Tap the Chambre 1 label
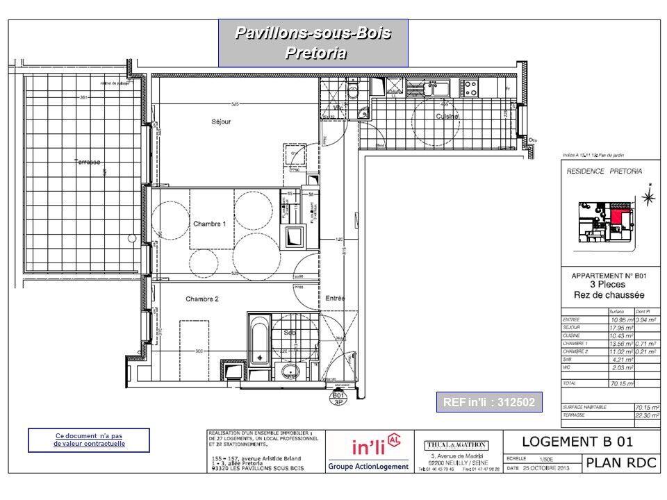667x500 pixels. (210, 224)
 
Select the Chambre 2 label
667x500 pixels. (202, 299)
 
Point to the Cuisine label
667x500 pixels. (447, 117)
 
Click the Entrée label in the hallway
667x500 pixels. (336, 298)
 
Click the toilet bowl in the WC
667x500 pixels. (352, 92)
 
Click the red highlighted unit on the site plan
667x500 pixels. (616, 217)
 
